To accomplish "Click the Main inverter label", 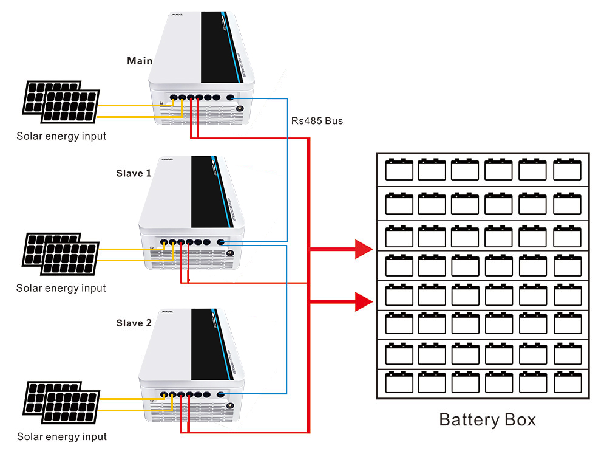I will pyautogui.click(x=140, y=61).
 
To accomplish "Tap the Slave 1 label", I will pyautogui.click(x=134, y=173).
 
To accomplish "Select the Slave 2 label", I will pyautogui.click(x=134, y=323).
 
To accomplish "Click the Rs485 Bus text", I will pyautogui.click(x=317, y=121).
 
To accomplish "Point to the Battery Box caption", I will pyautogui.click(x=487, y=420).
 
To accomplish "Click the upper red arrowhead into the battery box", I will pyautogui.click(x=364, y=249).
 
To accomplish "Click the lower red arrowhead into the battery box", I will pyautogui.click(x=364, y=301).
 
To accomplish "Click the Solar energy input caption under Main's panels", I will pyautogui.click(x=61, y=136).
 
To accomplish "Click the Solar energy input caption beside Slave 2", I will pyautogui.click(x=61, y=436).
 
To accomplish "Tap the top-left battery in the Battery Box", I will pyautogui.click(x=399, y=170).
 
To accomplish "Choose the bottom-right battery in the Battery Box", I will pyautogui.click(x=567, y=383).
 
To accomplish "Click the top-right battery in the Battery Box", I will pyautogui.click(x=567, y=170).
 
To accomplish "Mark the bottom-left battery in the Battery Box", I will pyautogui.click(x=399, y=383).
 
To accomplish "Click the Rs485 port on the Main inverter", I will pyautogui.click(x=231, y=97).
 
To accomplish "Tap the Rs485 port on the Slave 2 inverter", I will pyautogui.click(x=220, y=394).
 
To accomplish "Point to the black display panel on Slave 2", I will pyautogui.click(x=209, y=340).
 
